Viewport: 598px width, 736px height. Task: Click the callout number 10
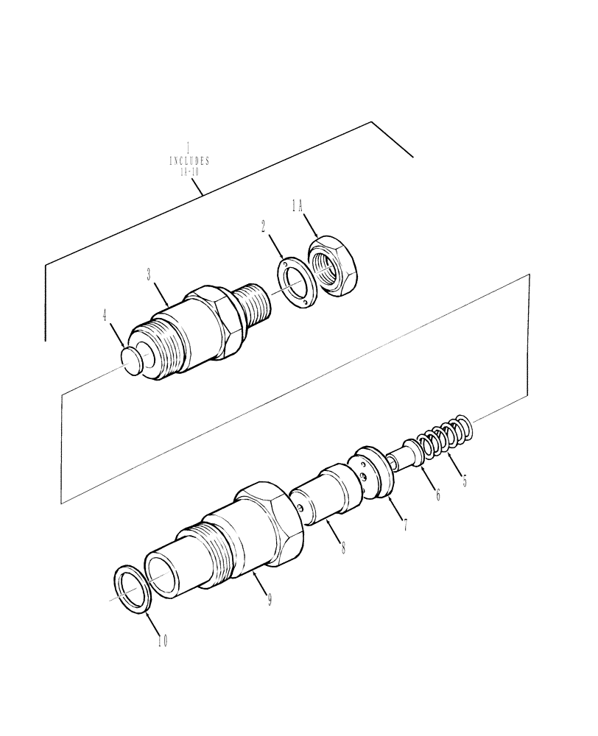pos(162,640)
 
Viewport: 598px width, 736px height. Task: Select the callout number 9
pos(270,600)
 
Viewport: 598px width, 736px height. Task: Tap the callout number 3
pos(149,275)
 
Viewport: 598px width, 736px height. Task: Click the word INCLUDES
pos(189,160)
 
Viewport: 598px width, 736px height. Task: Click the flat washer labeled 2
pos(299,283)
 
